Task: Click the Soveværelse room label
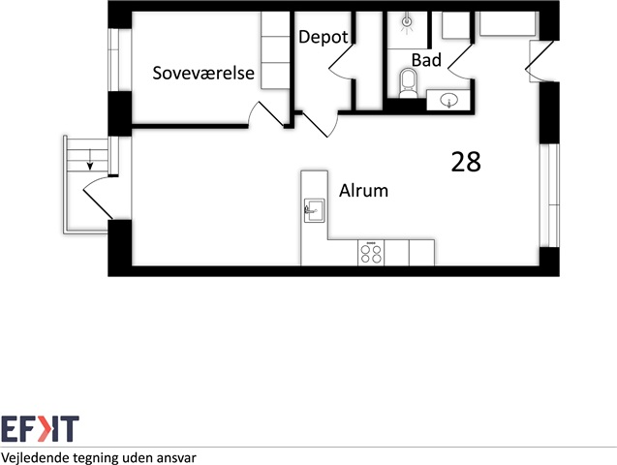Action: pos(203,74)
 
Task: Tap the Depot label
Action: pos(324,38)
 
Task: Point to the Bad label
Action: pos(426,60)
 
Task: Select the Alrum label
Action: pos(363,191)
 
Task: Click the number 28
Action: pos(466,162)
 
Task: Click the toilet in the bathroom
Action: pos(408,83)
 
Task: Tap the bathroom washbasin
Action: pos(448,101)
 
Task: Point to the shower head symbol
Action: pos(407,21)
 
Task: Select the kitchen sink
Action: pos(314,210)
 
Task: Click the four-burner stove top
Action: pos(371,253)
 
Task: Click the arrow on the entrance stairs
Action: pos(90,159)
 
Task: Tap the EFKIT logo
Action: pos(40,429)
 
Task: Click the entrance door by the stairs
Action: pos(99,198)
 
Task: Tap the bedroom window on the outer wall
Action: pos(113,60)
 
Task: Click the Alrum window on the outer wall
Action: pos(550,196)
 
